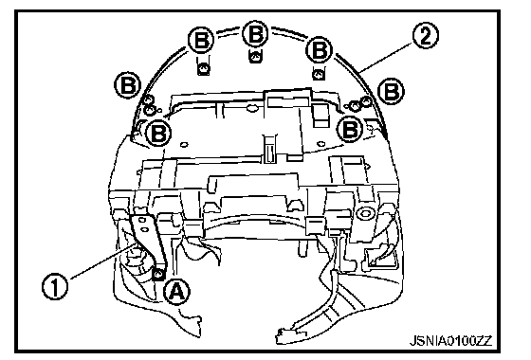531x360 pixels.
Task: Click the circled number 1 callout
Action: point(55,286)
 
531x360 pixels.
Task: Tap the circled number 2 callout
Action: point(426,36)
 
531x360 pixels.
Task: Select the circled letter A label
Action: point(176,292)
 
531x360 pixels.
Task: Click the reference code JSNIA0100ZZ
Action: point(450,340)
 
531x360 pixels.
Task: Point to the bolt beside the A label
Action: point(157,273)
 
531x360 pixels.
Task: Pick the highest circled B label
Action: point(256,34)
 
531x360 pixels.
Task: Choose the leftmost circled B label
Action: point(128,85)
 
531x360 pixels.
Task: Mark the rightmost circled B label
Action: point(391,91)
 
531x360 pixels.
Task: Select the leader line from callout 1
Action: point(104,261)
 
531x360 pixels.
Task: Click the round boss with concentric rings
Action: point(365,213)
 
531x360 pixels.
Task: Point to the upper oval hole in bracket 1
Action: point(142,221)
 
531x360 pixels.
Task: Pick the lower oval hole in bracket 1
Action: point(144,229)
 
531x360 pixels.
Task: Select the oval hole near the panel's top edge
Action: point(251,109)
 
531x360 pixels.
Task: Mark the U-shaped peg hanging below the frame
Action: point(303,249)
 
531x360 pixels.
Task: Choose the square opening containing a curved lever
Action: point(378,258)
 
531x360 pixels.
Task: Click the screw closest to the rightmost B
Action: point(366,100)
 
